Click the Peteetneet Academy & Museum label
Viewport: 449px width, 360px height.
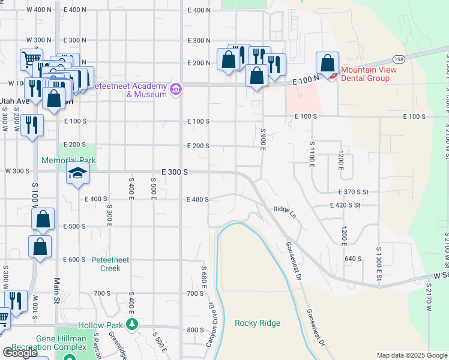coord(129,90)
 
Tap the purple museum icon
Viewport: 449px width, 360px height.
coord(176,90)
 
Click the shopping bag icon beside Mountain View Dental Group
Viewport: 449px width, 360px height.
coord(328,64)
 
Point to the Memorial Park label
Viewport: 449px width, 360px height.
coord(68,161)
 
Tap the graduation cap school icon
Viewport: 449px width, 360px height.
coord(77,175)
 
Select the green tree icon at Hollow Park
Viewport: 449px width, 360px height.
coord(132,325)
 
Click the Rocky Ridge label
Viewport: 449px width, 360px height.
coord(258,323)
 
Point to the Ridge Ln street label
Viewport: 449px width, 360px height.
coord(285,211)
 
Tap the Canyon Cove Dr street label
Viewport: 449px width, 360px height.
coord(211,325)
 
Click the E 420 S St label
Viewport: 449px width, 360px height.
coord(345,205)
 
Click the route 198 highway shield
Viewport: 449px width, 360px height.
coord(399,58)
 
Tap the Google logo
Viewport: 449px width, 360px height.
coord(19,353)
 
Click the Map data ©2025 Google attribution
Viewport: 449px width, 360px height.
coord(412,356)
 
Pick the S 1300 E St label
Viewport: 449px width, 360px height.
coord(379,258)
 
